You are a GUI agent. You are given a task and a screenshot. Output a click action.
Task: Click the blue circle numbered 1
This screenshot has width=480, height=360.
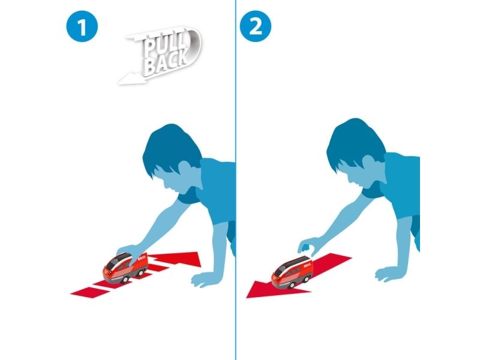pyautogui.click(x=82, y=26)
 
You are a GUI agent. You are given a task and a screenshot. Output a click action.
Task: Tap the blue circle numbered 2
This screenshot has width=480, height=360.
pyautogui.click(x=256, y=26)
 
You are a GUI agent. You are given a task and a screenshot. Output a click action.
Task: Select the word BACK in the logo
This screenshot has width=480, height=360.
pyautogui.click(x=167, y=62)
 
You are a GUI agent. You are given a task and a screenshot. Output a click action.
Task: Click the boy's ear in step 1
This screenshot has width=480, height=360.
pyautogui.click(x=185, y=172)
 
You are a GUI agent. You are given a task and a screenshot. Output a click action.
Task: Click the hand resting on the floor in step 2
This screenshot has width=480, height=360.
pyautogui.click(x=389, y=274)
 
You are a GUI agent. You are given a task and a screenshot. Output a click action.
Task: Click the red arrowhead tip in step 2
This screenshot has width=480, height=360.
pyautogui.click(x=247, y=298)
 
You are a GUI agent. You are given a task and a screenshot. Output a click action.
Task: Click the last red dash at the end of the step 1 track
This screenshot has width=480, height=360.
pyautogui.click(x=91, y=292)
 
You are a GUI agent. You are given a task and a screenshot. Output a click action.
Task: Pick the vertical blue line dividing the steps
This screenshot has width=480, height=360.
pyautogui.click(x=236, y=180)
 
